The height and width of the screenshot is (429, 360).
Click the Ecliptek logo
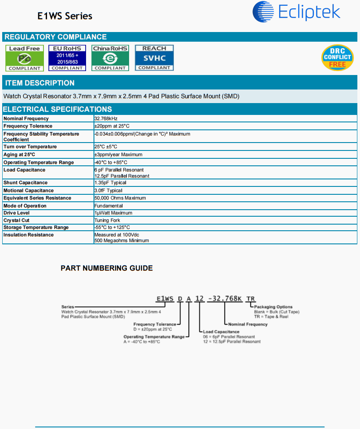296,12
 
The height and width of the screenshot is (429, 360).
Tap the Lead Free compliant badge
25,58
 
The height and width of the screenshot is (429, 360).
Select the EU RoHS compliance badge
67,58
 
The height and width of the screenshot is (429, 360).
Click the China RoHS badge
110,58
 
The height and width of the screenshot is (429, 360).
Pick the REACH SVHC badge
154,58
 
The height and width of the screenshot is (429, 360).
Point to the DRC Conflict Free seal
337,57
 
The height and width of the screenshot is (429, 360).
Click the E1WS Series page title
65,16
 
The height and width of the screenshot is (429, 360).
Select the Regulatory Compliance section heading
56,37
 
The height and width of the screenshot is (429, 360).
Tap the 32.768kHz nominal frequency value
106,118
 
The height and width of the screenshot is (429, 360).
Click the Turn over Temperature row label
30,147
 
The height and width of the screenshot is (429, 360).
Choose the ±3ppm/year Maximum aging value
118,154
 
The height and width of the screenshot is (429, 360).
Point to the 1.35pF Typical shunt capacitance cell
110,182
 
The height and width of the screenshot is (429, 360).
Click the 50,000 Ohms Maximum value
120,198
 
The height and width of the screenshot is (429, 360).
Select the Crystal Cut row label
17,220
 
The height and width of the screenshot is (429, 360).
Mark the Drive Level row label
17,213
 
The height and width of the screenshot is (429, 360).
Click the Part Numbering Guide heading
107,268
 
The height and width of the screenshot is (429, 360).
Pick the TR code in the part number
250,299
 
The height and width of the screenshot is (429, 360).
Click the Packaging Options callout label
273,307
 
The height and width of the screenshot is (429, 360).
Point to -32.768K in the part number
224,299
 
